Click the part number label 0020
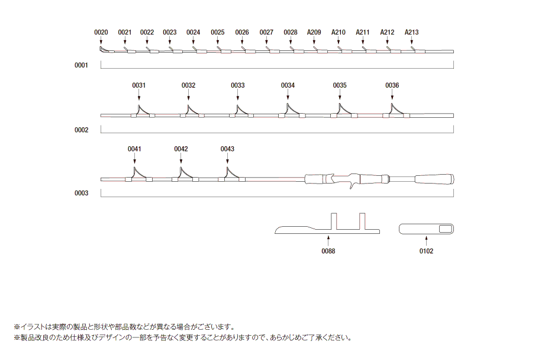point(101,32)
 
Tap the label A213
point(411,32)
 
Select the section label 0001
point(81,65)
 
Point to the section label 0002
point(81,130)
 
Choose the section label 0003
point(81,193)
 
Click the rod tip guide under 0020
point(102,50)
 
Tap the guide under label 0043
point(231,175)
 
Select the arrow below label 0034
point(288,95)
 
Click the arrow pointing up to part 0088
point(328,241)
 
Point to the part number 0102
point(426,251)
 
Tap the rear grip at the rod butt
point(434,179)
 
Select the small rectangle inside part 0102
point(446,229)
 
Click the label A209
point(314,32)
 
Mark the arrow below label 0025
point(217,40)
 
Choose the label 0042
point(181,149)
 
